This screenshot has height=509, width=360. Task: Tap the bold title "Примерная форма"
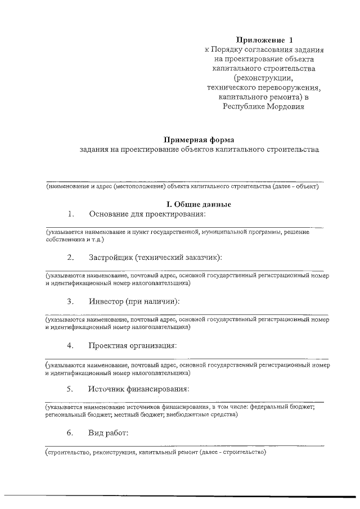[198, 139]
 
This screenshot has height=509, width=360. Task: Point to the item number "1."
[70, 214]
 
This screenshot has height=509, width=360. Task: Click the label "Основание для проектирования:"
[147, 214]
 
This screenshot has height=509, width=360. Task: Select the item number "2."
[70, 258]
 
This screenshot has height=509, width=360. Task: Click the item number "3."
[70, 301]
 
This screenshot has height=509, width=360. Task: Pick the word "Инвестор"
[105, 301]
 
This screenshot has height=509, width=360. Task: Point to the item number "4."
[70, 345]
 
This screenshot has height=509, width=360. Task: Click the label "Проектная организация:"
[132, 345]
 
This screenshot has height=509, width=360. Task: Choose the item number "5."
[70, 389]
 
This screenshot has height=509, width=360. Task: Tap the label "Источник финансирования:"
[138, 389]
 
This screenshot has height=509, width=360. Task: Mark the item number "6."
[70, 433]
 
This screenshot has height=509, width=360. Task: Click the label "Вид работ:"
[109, 433]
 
